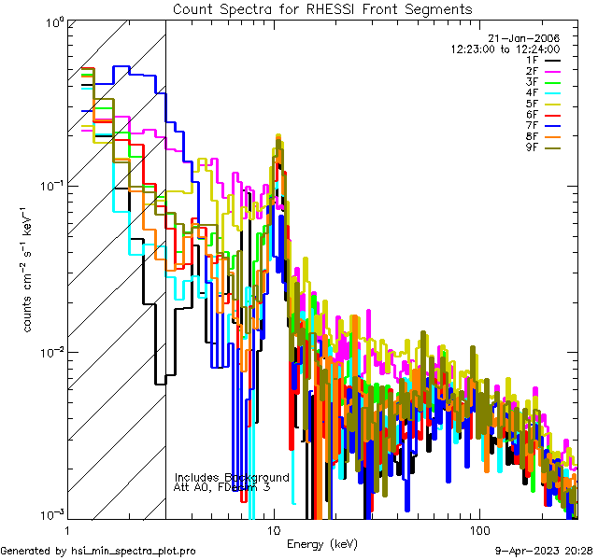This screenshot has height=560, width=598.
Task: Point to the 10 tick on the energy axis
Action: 273,529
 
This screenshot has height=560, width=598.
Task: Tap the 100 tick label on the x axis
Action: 478,529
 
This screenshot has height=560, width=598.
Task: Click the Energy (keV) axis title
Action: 320,543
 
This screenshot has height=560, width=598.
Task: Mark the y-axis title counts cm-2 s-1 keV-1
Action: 29,270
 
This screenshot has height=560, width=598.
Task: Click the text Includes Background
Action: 232,477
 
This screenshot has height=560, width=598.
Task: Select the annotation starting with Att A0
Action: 221,487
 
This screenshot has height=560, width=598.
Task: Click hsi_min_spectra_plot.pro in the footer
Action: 134,551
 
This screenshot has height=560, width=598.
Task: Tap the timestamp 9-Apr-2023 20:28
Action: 540,551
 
